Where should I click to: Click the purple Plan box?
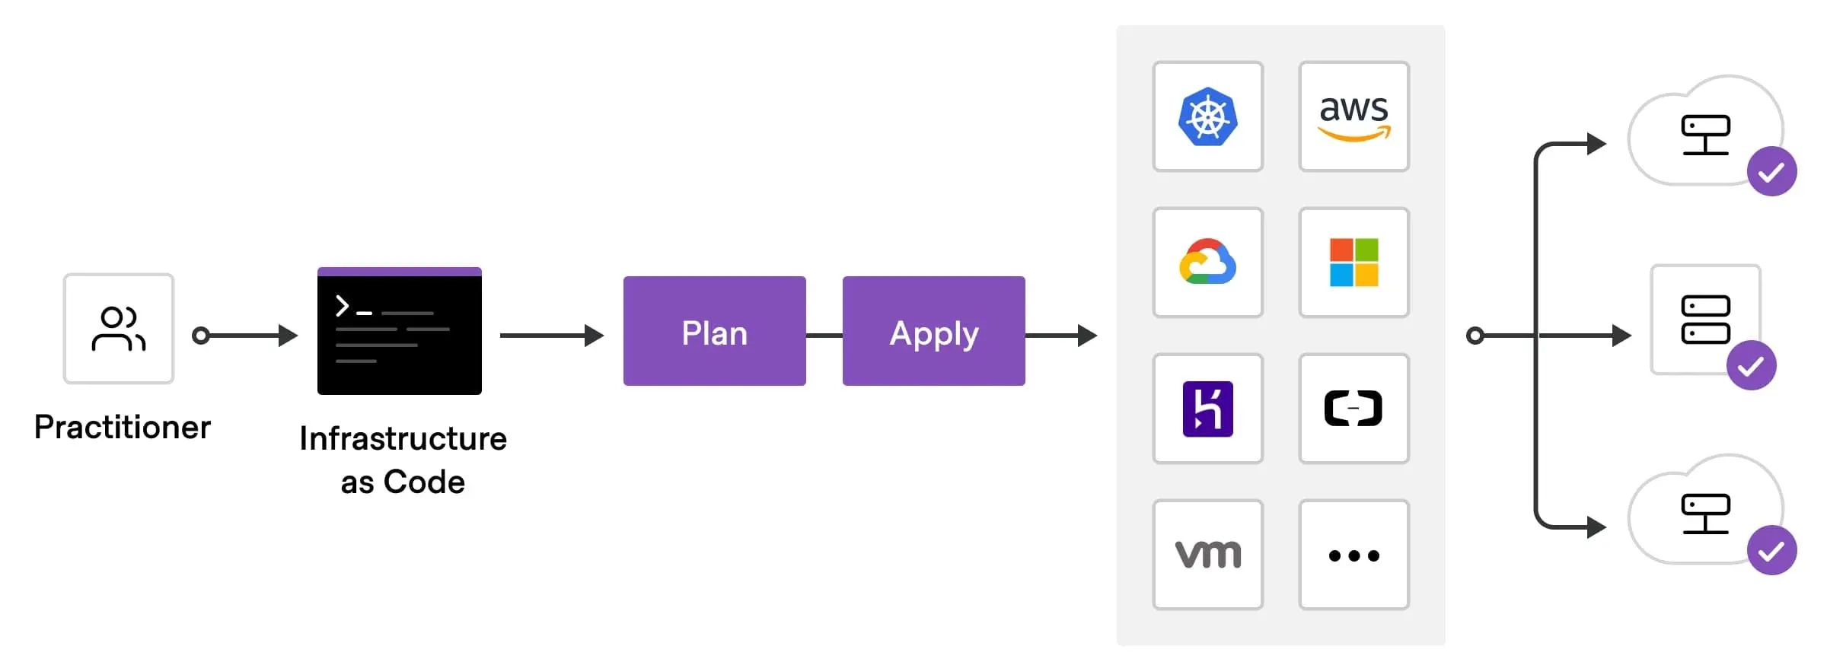click(x=714, y=331)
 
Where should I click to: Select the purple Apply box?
click(x=933, y=331)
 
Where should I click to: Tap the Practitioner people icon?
click(x=119, y=329)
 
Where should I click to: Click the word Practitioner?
click(x=123, y=428)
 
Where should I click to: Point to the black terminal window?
click(x=399, y=332)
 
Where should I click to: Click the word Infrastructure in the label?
click(x=403, y=439)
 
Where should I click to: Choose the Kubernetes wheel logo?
click(x=1207, y=117)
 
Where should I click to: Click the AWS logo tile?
click(x=1354, y=117)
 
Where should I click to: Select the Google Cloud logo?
click(x=1207, y=263)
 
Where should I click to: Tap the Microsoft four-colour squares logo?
click(x=1354, y=263)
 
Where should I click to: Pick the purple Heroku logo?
click(x=1207, y=409)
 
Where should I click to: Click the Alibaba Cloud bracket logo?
click(x=1354, y=409)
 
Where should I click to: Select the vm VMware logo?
click(x=1207, y=555)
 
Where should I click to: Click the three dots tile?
click(x=1354, y=555)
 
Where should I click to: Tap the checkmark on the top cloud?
click(x=1771, y=171)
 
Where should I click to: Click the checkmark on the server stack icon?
click(x=1751, y=365)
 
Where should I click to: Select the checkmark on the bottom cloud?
click(x=1771, y=550)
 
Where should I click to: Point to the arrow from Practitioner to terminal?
click(x=244, y=336)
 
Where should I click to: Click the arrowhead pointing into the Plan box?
click(x=594, y=336)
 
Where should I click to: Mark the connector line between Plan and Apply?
click(x=824, y=336)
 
